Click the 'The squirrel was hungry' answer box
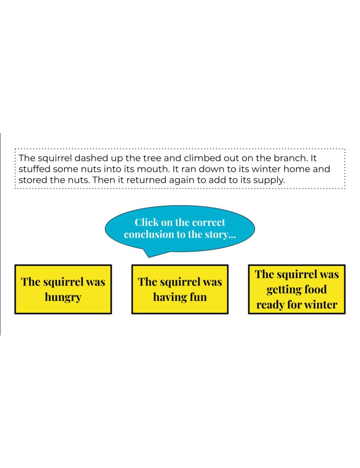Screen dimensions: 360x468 tap(63, 289)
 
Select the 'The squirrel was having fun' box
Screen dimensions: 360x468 tap(180, 289)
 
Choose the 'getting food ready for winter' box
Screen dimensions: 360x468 tap(297, 289)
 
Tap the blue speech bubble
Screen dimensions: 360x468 tap(180, 229)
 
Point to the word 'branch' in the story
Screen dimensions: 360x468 tap(290, 158)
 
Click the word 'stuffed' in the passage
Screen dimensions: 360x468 tap(35, 169)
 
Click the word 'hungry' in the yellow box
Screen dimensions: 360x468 tap(63, 297)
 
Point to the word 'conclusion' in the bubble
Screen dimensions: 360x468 tap(149, 234)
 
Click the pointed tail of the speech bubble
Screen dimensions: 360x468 tap(149, 257)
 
